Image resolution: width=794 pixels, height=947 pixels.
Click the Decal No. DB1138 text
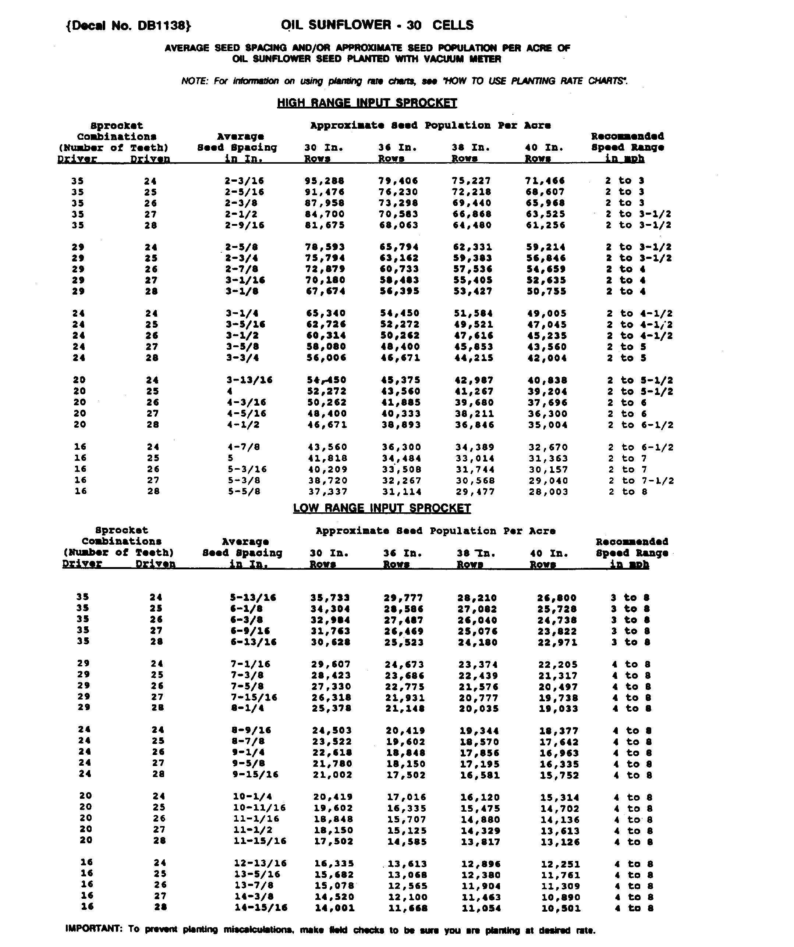(x=128, y=26)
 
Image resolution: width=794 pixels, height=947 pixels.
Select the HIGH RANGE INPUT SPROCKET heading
(x=367, y=103)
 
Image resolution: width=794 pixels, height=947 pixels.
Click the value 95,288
(x=325, y=181)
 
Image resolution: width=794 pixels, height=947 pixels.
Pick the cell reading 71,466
(x=545, y=181)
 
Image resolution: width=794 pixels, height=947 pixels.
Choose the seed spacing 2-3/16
(x=244, y=181)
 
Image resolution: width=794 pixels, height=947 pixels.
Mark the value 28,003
(x=548, y=492)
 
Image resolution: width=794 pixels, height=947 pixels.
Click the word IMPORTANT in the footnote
(x=93, y=929)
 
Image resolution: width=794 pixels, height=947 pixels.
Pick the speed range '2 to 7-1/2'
(x=641, y=481)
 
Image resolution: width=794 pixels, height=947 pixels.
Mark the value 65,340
(x=326, y=313)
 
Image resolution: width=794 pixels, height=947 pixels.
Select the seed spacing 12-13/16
(x=260, y=863)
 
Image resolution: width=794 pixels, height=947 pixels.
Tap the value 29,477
(x=475, y=492)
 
